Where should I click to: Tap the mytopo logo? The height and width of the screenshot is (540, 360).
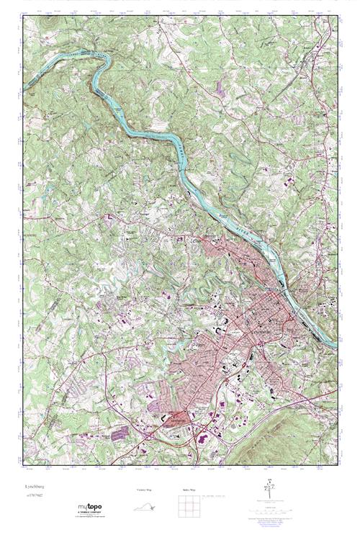(90, 508)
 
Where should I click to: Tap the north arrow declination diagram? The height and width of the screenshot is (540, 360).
(269, 485)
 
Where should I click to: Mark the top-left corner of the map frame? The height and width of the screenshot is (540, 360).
(22, 16)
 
